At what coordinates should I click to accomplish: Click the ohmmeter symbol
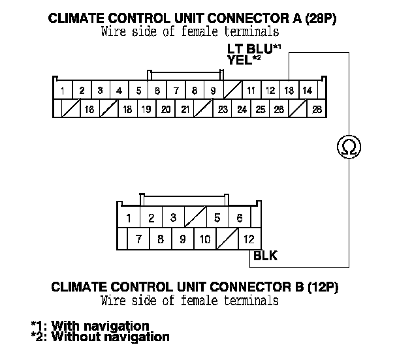(348, 147)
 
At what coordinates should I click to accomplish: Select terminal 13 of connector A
(289, 90)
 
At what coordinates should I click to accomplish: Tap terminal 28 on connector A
(318, 109)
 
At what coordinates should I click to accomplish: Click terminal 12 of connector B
(249, 239)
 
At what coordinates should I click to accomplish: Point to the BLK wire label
(265, 256)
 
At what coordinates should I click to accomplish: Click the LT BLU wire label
(248, 49)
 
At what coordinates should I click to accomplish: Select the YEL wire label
(239, 59)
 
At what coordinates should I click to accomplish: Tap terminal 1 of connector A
(62, 90)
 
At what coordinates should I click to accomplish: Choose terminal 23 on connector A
(223, 109)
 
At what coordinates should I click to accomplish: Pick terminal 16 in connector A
(89, 109)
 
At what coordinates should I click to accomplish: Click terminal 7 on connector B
(138, 239)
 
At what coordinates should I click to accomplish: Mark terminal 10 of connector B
(204, 239)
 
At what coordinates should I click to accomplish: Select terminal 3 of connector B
(172, 218)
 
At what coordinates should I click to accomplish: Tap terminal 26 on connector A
(279, 109)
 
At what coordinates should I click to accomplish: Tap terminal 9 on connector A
(213, 90)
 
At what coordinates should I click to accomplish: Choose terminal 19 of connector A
(146, 109)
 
